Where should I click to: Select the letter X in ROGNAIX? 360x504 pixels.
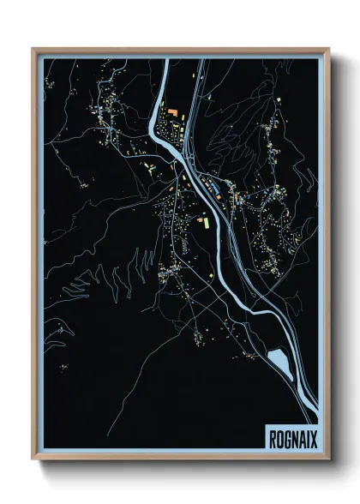(313, 437)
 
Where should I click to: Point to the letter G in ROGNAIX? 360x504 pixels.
(286, 437)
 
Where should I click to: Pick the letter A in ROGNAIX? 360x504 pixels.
(300, 437)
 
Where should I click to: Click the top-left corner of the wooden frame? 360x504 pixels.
(33, 49)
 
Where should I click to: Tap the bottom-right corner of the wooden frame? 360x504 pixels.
(328, 460)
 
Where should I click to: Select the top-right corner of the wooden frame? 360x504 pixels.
(328, 49)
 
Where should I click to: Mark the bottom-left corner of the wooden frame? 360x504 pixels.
(33, 460)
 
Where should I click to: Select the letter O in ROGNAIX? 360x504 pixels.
(279, 437)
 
